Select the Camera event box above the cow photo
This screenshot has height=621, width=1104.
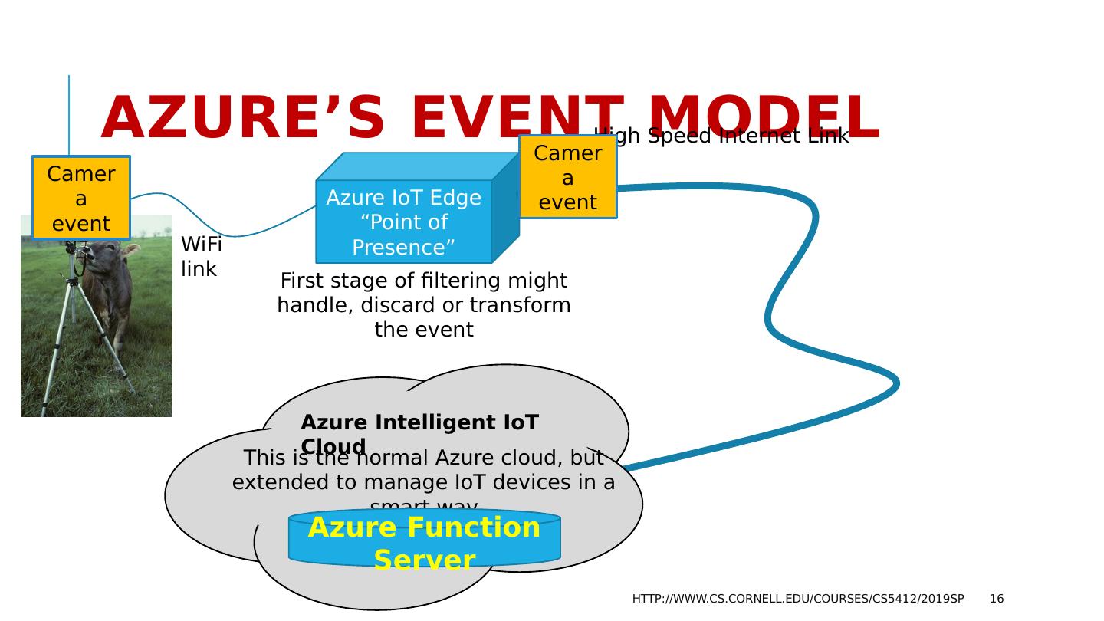[81, 198]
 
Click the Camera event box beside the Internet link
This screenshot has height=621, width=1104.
[567, 177]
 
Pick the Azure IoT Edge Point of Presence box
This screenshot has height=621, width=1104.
[403, 222]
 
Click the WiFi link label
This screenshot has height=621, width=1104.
[201, 257]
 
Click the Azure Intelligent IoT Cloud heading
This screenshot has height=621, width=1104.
[419, 423]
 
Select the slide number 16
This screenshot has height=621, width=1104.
[996, 599]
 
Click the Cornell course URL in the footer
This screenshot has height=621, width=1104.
[797, 599]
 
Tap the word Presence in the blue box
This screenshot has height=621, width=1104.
[403, 248]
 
